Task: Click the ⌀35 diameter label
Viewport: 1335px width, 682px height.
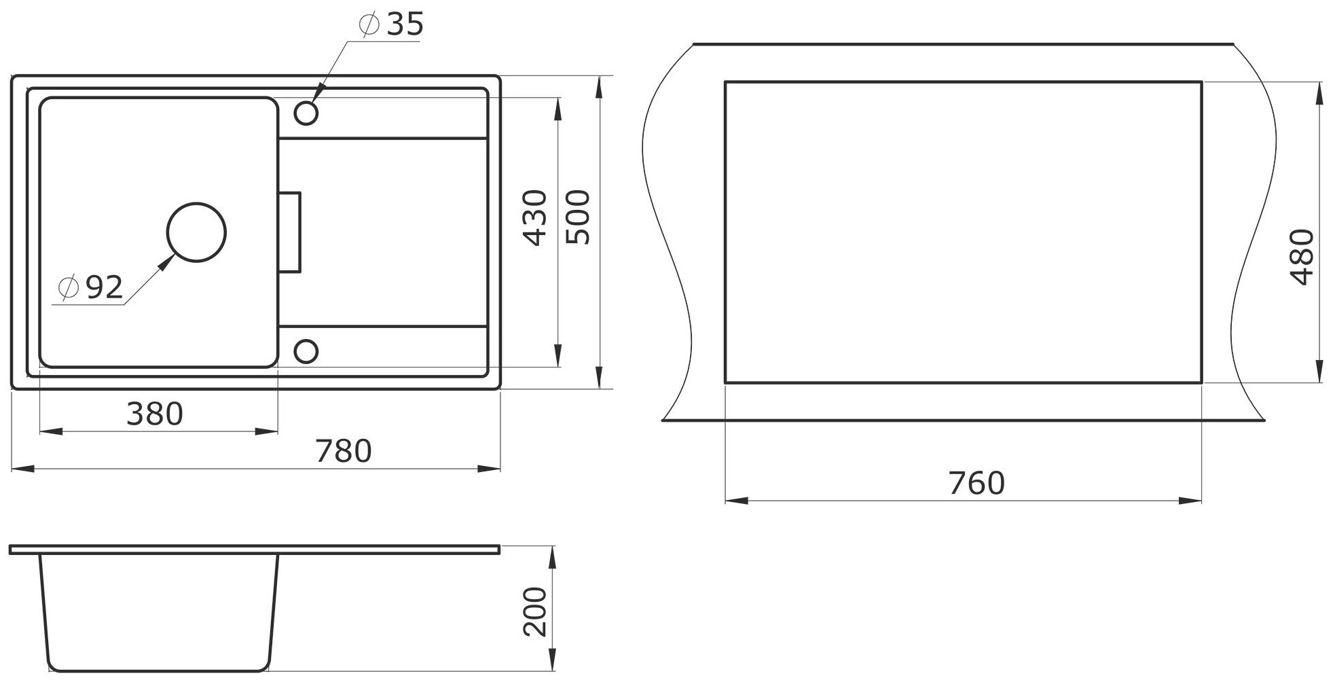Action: coord(390,25)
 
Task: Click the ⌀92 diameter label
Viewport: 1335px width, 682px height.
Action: coord(90,288)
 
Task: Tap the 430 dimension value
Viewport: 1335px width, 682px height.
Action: coord(536,217)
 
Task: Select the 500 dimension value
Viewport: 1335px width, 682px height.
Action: coord(578,217)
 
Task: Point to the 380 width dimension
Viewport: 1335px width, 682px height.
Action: coord(155,414)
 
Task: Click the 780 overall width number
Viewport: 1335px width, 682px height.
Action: coord(344,451)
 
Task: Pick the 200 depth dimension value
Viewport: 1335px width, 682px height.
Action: coord(536,611)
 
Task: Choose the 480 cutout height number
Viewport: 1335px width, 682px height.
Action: coord(1301,257)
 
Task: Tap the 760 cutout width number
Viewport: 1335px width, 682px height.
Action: coord(976,483)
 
